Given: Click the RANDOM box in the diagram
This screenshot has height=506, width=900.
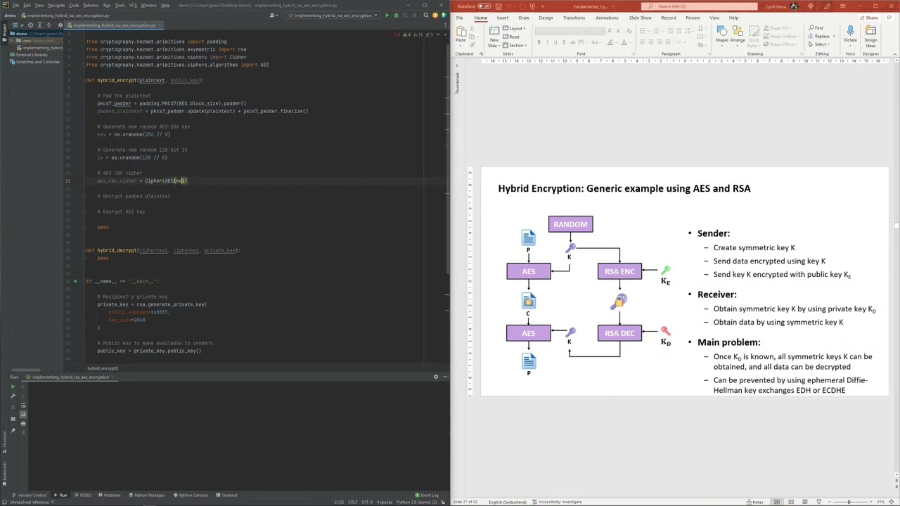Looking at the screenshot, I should [x=570, y=224].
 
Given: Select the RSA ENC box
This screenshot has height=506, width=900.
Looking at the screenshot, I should [x=619, y=271].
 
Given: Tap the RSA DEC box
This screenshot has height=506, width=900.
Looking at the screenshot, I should [x=619, y=333].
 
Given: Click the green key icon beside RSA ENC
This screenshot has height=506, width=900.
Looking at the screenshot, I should [x=665, y=270].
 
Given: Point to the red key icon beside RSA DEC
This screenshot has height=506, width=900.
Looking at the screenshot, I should [x=665, y=330].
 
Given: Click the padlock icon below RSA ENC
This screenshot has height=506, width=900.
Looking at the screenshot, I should [x=619, y=301].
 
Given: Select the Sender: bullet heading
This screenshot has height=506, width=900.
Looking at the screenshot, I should [x=713, y=233].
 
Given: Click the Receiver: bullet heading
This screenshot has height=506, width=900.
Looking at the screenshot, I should [x=716, y=294].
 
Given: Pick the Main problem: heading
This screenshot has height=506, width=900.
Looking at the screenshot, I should [x=728, y=342].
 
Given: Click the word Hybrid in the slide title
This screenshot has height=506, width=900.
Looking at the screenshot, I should [x=515, y=188].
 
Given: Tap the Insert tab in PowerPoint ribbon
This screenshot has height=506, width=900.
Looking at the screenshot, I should [x=502, y=18].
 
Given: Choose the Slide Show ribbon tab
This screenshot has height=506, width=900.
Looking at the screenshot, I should [x=640, y=18].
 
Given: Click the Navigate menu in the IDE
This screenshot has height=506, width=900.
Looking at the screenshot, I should [x=56, y=6].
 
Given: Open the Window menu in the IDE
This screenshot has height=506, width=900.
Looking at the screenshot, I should [x=148, y=6].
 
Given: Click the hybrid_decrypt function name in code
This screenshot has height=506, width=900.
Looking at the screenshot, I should [x=117, y=250].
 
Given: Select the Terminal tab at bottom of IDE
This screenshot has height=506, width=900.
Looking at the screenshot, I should [x=229, y=495].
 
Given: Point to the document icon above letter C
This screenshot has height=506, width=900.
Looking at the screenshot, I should [x=528, y=301].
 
